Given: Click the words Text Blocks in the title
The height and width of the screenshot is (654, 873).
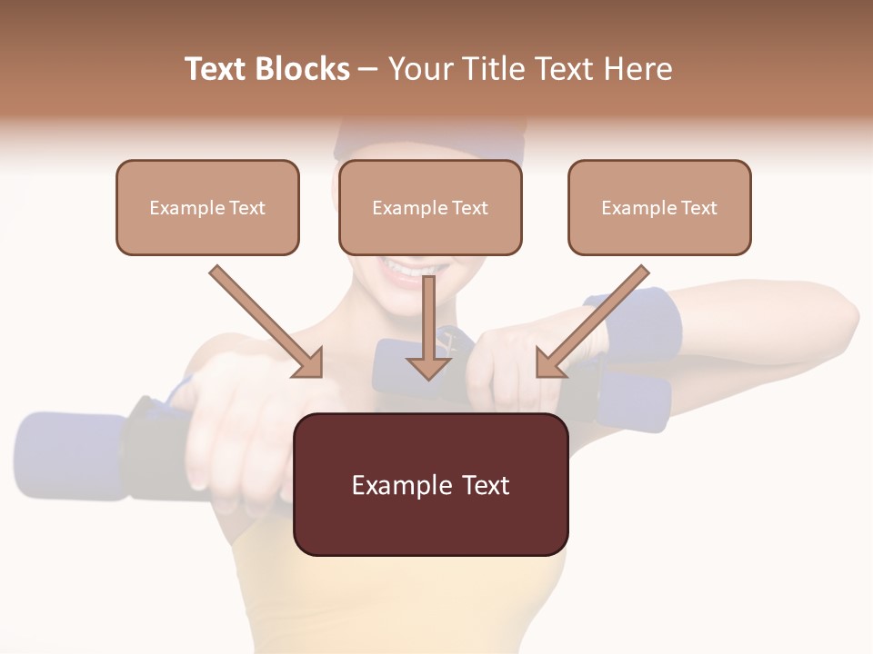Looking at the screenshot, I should tap(266, 69).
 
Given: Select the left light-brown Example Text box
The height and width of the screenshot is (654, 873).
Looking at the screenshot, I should tap(207, 207).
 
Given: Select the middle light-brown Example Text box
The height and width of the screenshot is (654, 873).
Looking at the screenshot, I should tap(430, 207).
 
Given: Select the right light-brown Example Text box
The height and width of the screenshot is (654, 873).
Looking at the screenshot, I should tap(659, 207).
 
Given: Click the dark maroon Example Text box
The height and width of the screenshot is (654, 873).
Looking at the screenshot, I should tap(430, 484).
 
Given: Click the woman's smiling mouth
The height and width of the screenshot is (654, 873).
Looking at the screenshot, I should tap(409, 269).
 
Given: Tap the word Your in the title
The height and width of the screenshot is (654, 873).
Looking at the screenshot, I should tap(416, 69).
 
